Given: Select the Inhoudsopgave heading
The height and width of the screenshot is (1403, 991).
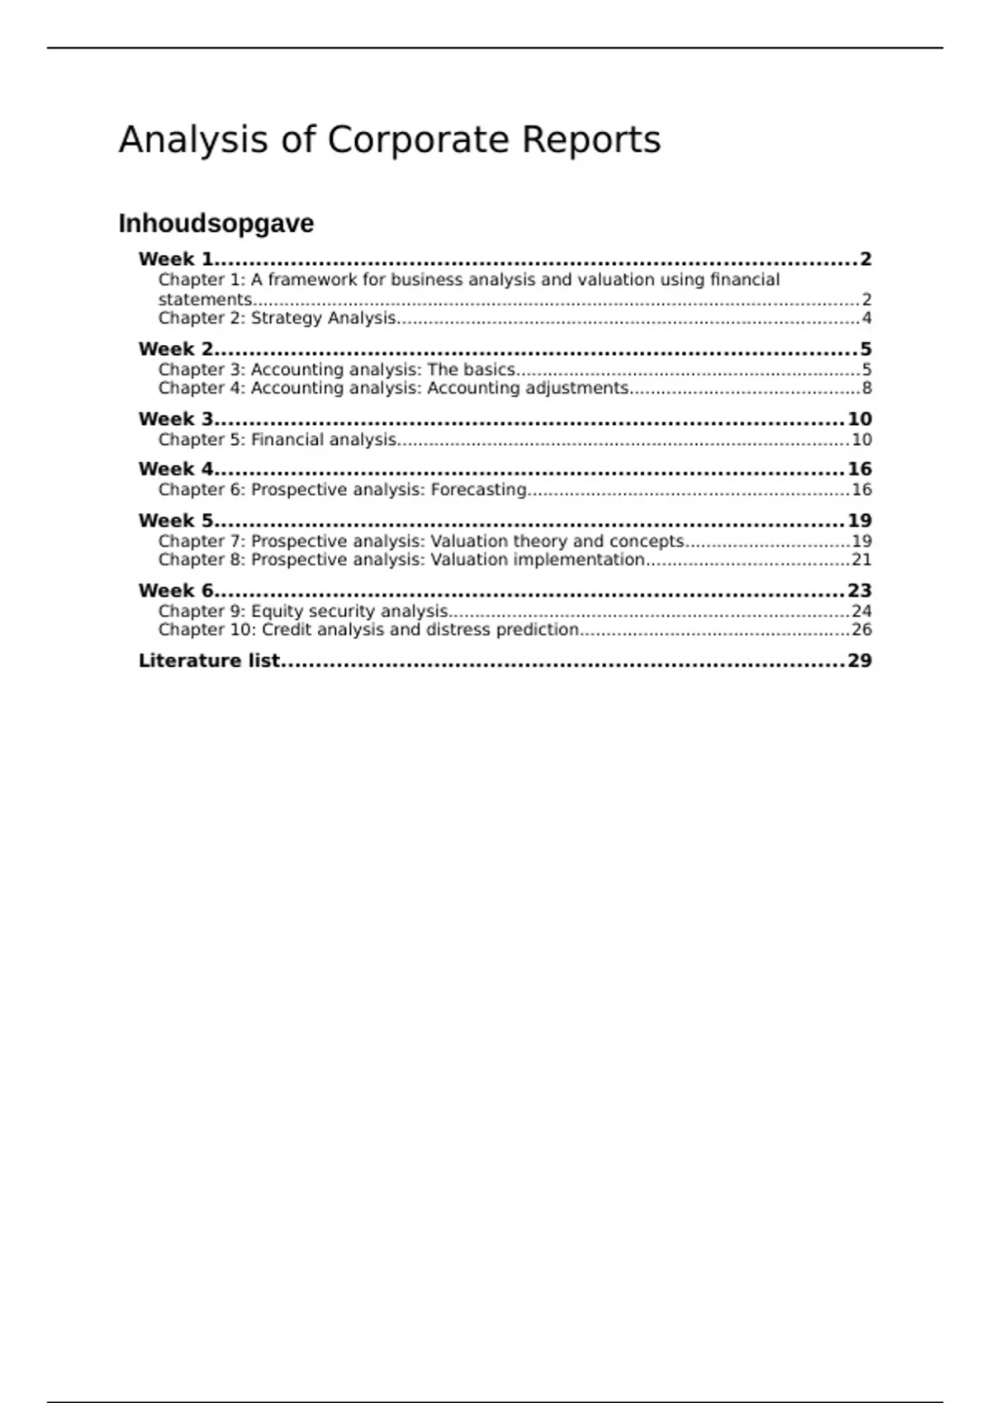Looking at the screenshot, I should (216, 224).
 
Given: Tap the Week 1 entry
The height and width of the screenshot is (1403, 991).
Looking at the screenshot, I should (176, 259).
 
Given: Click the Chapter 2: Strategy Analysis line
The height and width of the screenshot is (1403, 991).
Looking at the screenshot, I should (277, 319).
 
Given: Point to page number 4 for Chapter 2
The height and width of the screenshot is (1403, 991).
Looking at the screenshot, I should (866, 319).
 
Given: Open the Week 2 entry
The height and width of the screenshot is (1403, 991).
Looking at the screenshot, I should (176, 349).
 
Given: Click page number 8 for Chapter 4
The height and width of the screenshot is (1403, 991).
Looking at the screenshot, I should (866, 389).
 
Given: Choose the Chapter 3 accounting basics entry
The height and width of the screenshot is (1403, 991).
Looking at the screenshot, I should (336, 370).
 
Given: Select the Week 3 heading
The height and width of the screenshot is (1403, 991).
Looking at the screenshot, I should (176, 419).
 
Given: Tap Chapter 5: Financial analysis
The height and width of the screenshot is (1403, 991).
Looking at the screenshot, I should (277, 440).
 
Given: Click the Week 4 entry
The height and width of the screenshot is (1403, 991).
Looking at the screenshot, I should (176, 470).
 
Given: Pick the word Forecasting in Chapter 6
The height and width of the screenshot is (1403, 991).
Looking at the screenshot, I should (478, 490).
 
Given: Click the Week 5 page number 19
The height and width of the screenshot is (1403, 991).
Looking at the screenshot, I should (860, 521).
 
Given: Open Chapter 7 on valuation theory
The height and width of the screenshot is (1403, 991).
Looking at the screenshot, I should (420, 541).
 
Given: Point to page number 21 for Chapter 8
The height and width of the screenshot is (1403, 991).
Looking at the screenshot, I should (861, 560).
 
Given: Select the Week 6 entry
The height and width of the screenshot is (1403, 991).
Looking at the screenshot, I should (176, 591).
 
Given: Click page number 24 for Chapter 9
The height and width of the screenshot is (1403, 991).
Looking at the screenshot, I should (861, 612).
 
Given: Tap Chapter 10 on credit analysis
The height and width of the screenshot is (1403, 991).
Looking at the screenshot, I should (368, 631).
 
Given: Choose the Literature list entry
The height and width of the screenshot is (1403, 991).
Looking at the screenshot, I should (209, 661).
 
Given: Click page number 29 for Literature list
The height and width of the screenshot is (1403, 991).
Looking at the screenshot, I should (860, 661).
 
